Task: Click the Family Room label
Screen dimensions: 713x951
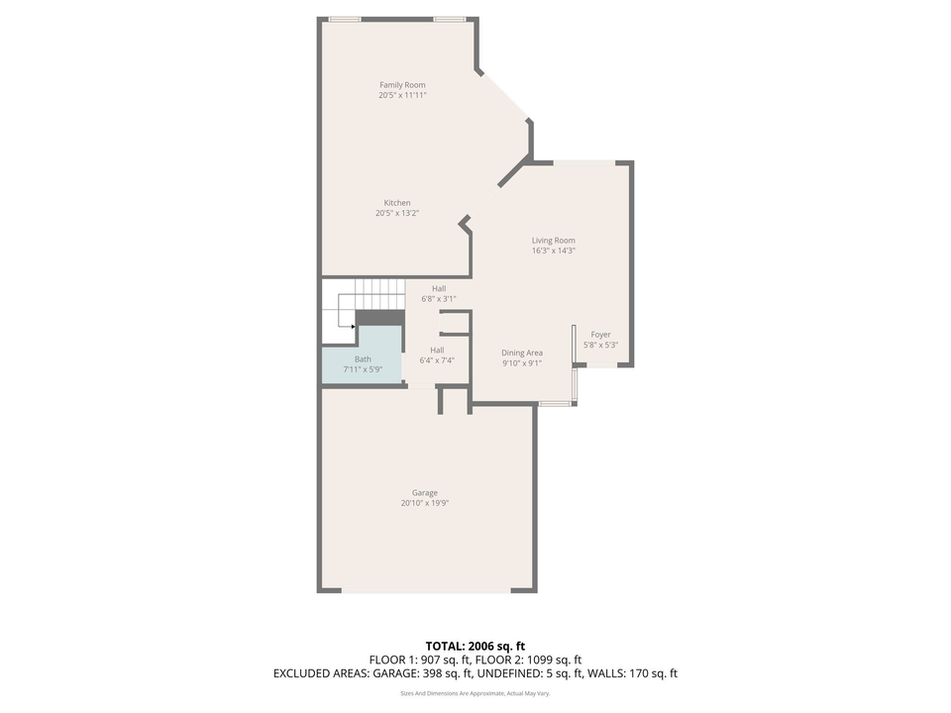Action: coord(402,85)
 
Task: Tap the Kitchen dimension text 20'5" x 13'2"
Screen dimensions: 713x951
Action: coord(397,213)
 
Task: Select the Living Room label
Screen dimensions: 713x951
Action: coord(553,241)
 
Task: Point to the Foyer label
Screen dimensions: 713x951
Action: coord(600,335)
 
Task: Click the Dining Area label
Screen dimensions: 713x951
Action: coord(521,353)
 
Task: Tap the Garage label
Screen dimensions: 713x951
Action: coord(425,493)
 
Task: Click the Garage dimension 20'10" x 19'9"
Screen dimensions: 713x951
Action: coord(425,503)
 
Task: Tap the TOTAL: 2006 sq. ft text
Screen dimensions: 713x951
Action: coord(475,646)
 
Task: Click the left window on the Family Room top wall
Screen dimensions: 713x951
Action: coord(345,19)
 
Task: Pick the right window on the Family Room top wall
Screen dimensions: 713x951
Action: coord(450,19)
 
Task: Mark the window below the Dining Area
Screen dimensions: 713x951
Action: coord(554,403)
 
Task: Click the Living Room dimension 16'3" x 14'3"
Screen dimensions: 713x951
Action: coord(553,251)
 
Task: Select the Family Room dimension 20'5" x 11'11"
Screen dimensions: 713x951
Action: coord(402,96)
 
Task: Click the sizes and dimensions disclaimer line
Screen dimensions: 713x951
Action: coord(475,694)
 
